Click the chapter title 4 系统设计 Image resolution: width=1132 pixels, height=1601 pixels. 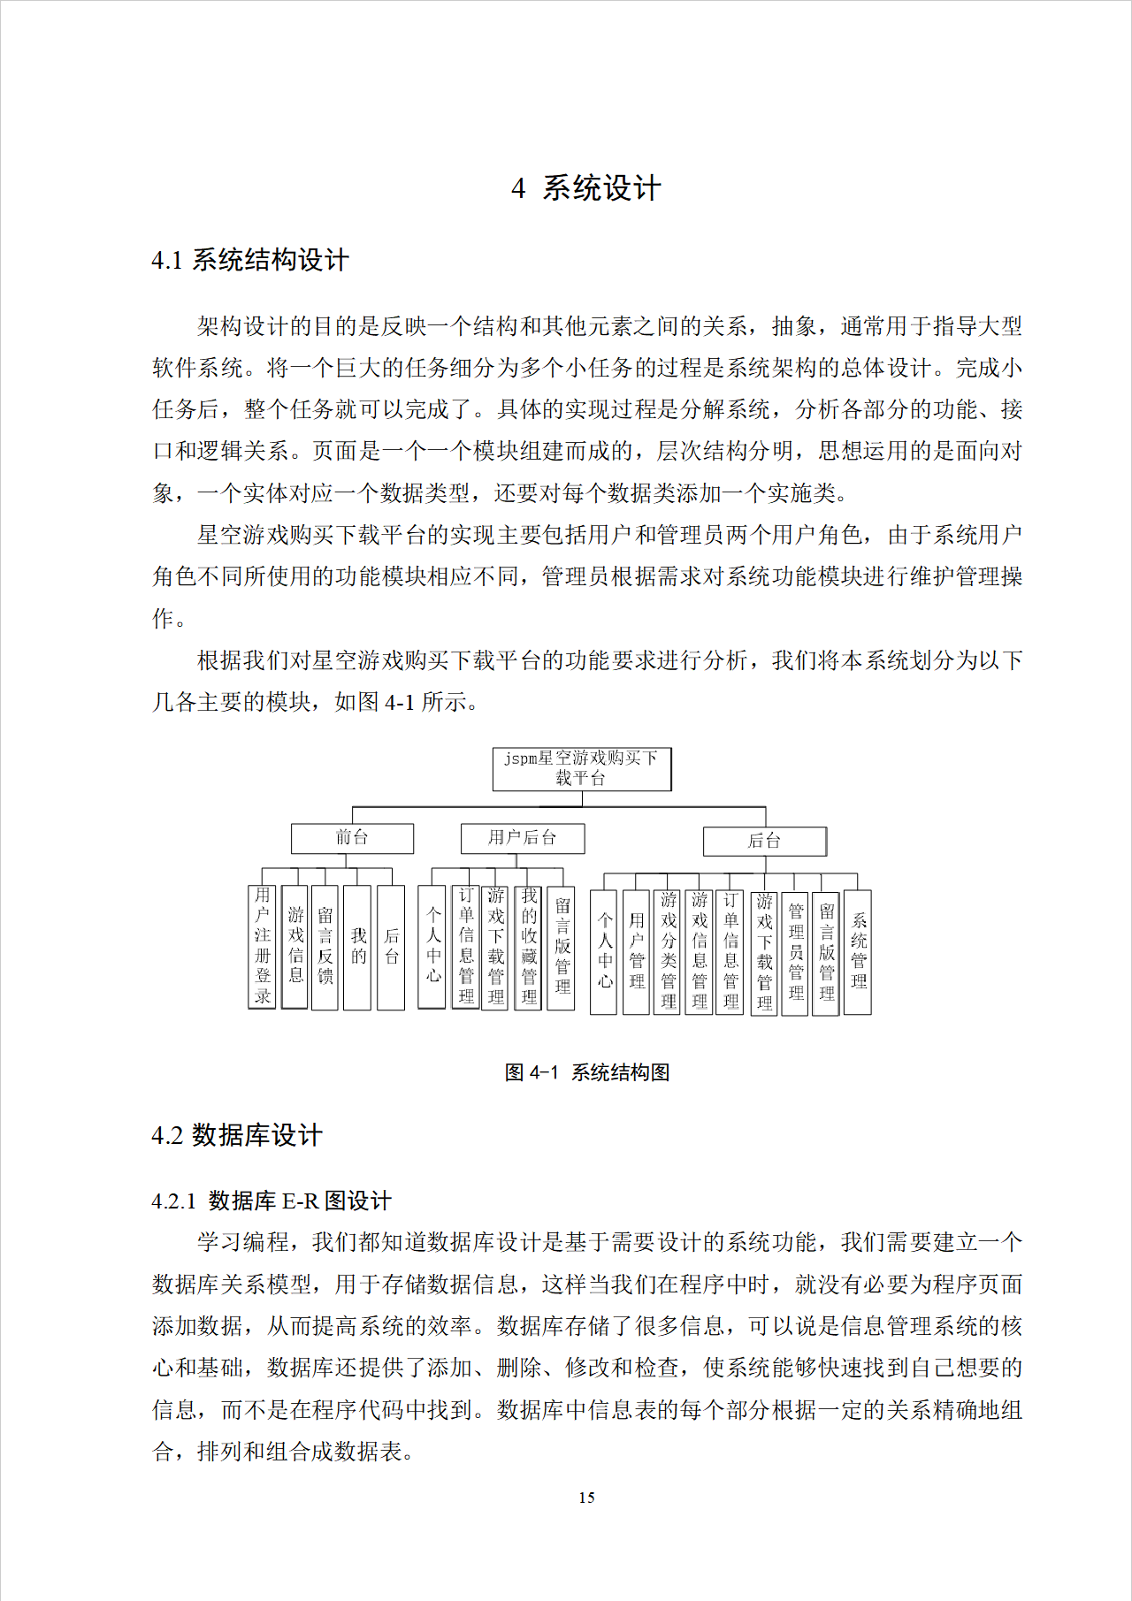(x=585, y=188)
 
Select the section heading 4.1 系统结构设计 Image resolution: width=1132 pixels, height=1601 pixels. (x=250, y=260)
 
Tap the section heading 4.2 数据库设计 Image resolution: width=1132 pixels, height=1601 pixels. (x=237, y=1135)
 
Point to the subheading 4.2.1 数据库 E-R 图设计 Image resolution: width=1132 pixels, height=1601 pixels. (x=271, y=1201)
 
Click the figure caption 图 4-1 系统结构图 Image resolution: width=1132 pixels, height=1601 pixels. (x=586, y=1072)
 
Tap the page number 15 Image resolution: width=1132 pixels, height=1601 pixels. (x=586, y=1498)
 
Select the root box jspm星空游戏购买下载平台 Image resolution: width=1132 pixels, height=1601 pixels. (x=582, y=769)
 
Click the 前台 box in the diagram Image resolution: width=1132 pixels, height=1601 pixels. (x=352, y=838)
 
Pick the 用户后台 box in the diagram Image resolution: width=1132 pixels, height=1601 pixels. (x=523, y=838)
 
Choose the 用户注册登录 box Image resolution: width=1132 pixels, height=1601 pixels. (x=263, y=947)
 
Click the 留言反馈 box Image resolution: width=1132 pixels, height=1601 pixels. (x=325, y=947)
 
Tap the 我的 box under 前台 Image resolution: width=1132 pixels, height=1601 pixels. (x=357, y=947)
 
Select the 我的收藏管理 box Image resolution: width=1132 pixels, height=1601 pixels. (x=529, y=948)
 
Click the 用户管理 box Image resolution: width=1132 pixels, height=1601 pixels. (x=637, y=951)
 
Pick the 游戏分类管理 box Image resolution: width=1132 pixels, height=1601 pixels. (x=669, y=951)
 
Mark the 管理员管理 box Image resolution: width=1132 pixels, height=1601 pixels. (x=796, y=951)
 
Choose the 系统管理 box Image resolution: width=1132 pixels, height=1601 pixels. (x=858, y=951)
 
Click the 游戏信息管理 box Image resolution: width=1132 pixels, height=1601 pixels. (x=700, y=951)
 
